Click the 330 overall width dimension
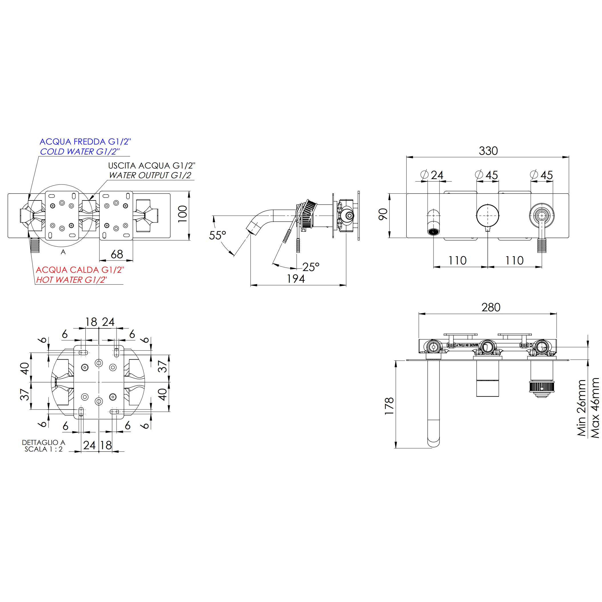pyautogui.click(x=488, y=151)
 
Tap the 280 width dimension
pyautogui.click(x=491, y=308)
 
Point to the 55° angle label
pyautogui.click(x=217, y=236)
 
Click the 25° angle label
pyautogui.click(x=311, y=267)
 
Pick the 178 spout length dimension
pyautogui.click(x=390, y=406)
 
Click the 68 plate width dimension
pyautogui.click(x=117, y=254)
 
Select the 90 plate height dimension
pyautogui.click(x=383, y=214)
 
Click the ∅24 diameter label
pyautogui.click(x=432, y=175)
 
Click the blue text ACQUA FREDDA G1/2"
pyautogui.click(x=85, y=142)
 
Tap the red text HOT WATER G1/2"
pyautogui.click(x=71, y=280)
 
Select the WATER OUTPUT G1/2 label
pyautogui.click(x=150, y=175)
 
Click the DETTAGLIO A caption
pyautogui.click(x=43, y=442)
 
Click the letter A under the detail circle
pyautogui.click(x=63, y=252)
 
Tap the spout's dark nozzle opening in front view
pyautogui.click(x=434, y=232)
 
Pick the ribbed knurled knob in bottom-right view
pyautogui.click(x=541, y=387)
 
